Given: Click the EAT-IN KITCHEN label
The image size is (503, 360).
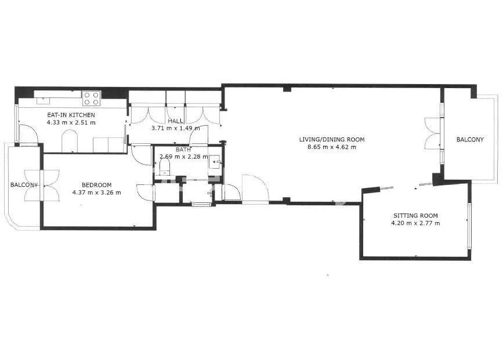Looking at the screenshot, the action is coord(71,115).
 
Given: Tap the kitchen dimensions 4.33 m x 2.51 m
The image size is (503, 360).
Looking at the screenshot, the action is coord(71,122).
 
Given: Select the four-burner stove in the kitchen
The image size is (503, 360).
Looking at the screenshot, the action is coord(92,99).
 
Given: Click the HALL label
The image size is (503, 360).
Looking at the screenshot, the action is coord(175,121).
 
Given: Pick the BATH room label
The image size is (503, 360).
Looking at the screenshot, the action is coord(183,150).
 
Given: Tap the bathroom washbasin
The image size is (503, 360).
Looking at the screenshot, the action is coord(214,162).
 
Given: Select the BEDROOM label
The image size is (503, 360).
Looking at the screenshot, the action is coord(96,185).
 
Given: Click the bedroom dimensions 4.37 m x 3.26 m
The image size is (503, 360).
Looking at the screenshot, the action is coord(96,192).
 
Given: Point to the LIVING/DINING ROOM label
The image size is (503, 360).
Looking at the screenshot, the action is coord(332,140).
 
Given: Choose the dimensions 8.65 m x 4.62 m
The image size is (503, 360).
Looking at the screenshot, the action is coord(332,147).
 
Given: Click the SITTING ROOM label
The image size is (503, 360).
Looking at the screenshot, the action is coord(415,216).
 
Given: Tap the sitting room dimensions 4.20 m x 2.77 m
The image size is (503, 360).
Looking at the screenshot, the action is coord(415,223).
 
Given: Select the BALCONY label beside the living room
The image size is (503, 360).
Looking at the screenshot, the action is coord(470,140).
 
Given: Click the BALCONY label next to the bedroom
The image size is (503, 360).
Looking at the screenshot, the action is coord(24,185).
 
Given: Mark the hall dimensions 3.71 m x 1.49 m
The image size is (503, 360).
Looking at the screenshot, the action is coord(175,128).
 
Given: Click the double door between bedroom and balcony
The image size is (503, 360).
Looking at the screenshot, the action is coord(42,186).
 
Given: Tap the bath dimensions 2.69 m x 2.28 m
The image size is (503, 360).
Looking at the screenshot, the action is coord(184,157).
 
